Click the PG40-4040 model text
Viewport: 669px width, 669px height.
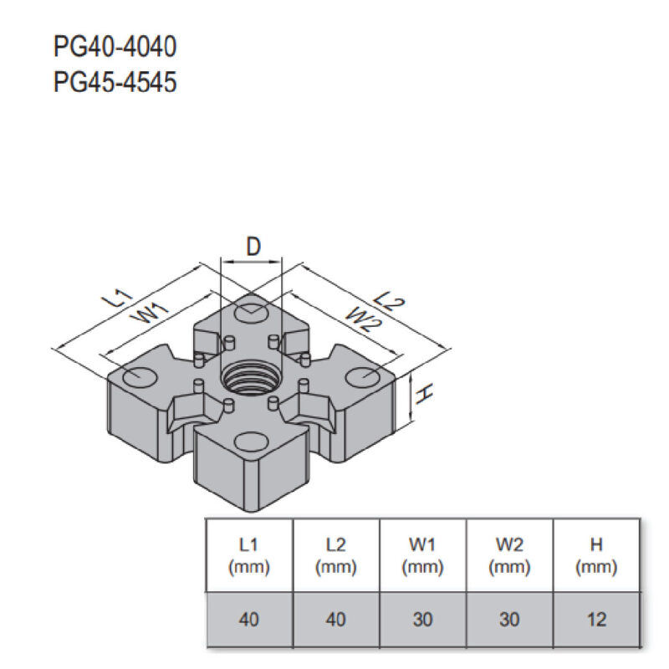(x=115, y=46)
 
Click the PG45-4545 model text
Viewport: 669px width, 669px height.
(x=115, y=83)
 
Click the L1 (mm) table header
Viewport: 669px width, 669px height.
(x=248, y=555)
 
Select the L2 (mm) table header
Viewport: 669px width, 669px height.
(x=335, y=555)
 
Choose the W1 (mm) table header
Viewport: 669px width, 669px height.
(x=422, y=555)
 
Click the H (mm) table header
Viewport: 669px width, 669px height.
(x=596, y=555)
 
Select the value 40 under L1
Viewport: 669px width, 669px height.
(x=248, y=620)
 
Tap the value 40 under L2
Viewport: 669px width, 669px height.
(x=335, y=620)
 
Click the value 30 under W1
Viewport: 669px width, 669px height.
(x=422, y=620)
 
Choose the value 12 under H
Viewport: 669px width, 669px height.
(x=596, y=620)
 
